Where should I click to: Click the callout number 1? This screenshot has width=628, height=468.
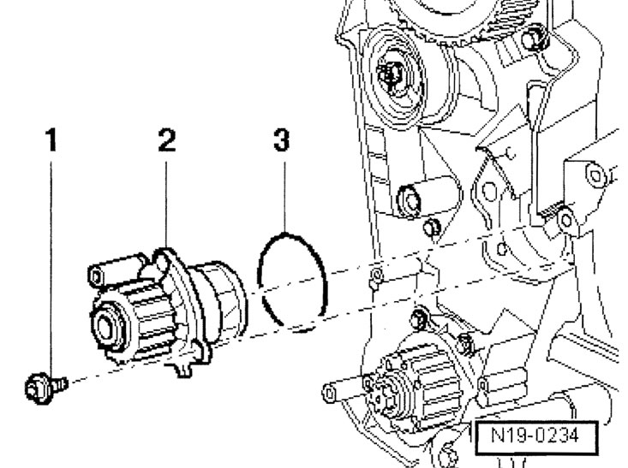click(51, 140)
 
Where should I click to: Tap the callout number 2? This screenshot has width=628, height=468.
click(167, 140)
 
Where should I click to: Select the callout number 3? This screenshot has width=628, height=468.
click(282, 140)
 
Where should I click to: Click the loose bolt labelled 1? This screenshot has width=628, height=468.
click(45, 388)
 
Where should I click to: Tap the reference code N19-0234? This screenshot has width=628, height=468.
click(535, 435)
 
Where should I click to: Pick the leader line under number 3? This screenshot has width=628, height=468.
click(284, 197)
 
